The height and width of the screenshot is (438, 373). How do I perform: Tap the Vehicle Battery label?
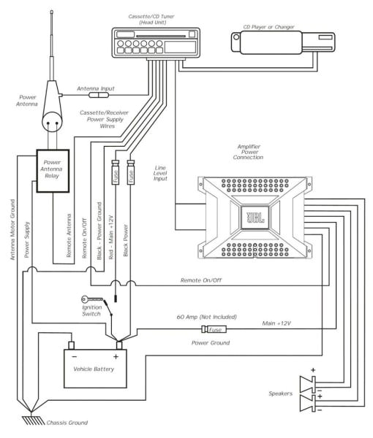(94, 368)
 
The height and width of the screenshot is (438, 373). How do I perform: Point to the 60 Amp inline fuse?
(216, 330)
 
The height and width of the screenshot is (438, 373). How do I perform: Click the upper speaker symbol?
(306, 381)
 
